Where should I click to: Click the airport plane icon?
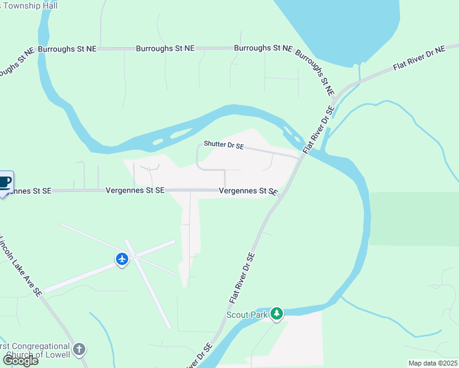pos(122,259)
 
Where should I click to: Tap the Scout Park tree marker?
pos(277,314)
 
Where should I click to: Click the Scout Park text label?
pos(246,315)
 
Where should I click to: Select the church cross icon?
pos(79,350)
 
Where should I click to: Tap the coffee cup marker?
pos(5,182)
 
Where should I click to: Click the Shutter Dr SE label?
pos(224,146)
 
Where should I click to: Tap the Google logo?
pos(20,361)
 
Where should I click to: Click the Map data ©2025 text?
pos(432,363)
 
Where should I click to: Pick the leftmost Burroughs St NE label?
pos(66,48)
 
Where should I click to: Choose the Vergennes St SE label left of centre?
pos(134,191)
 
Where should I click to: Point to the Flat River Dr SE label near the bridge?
pos(320,129)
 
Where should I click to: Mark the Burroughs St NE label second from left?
pos(164,48)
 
